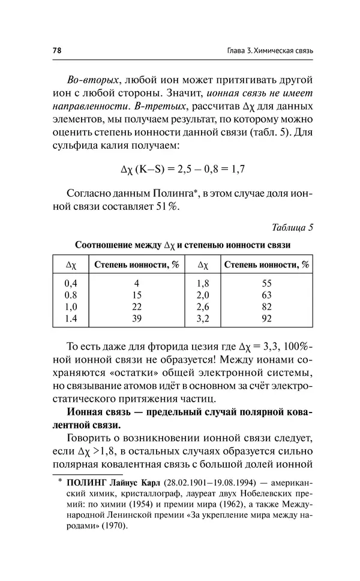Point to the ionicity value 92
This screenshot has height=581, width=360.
point(267,319)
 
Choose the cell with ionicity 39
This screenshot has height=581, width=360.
point(137,319)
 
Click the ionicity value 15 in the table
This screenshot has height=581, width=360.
point(137,295)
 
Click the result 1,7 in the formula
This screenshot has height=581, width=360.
point(237,170)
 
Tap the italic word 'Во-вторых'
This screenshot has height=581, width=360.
point(89,80)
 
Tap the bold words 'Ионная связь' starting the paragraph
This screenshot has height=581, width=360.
point(97,413)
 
